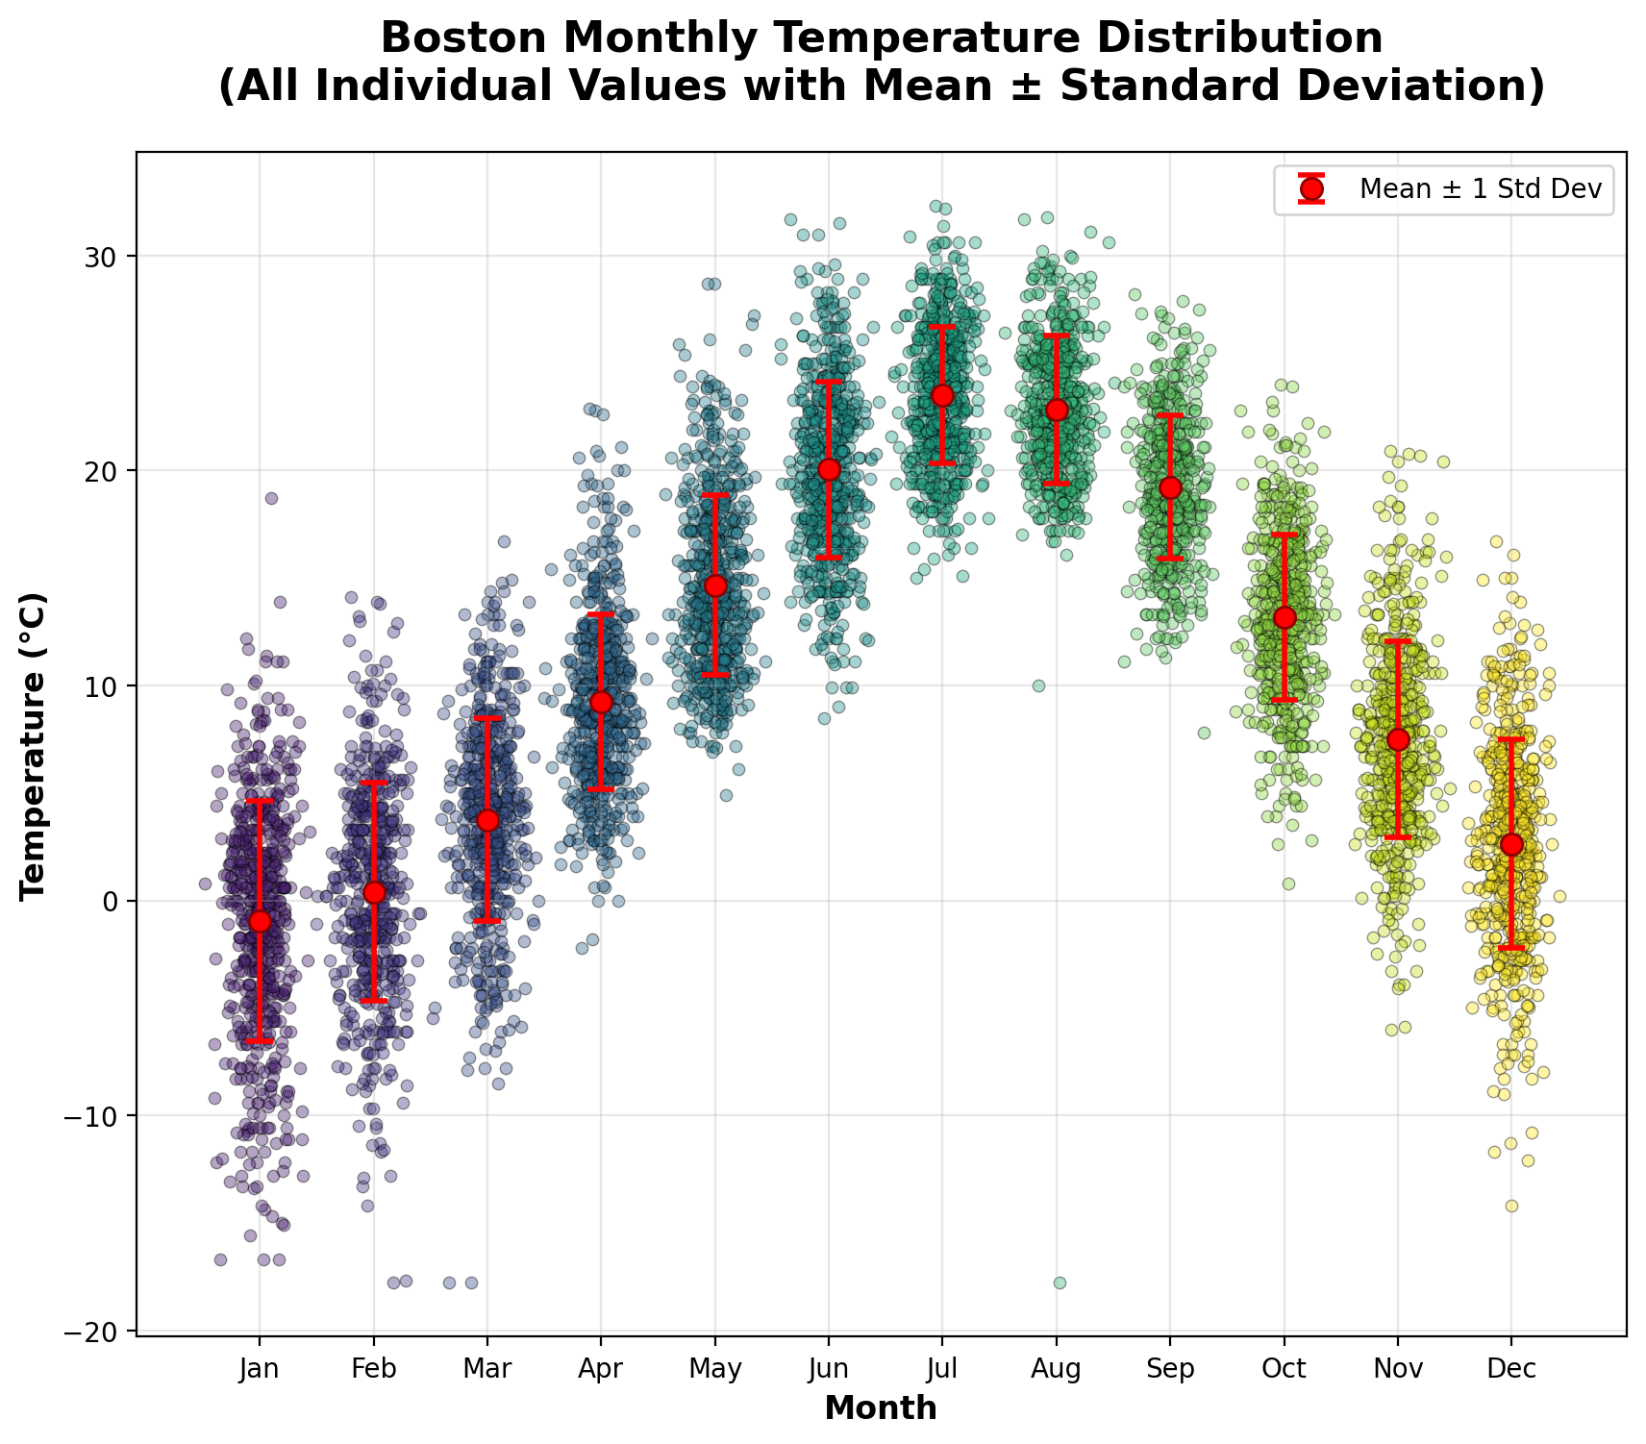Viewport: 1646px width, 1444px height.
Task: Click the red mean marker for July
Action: [x=942, y=395]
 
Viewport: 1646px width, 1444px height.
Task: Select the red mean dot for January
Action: [x=260, y=921]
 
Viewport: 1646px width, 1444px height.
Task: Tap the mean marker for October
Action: [x=1284, y=617]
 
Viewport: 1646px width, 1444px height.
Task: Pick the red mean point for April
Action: [x=601, y=702]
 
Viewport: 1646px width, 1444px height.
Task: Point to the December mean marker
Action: [x=1511, y=844]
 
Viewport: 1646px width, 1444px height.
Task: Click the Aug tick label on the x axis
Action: [x=1057, y=1368]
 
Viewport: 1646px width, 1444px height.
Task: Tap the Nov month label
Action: [x=1398, y=1368]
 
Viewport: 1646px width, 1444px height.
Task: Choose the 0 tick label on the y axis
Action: [x=116, y=902]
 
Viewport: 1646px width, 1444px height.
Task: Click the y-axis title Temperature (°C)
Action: [x=34, y=745]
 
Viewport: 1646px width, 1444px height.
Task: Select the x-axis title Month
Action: [x=881, y=1408]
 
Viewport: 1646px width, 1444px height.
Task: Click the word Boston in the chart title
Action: [x=460, y=39]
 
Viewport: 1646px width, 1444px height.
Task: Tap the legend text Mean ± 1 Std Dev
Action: [x=1481, y=188]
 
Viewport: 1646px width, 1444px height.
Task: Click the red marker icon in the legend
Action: [x=1310, y=188]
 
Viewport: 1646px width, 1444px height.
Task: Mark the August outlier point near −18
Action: [x=1060, y=1282]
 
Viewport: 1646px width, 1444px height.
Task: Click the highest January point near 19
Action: [x=271, y=498]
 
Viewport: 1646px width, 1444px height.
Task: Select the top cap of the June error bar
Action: [x=829, y=382]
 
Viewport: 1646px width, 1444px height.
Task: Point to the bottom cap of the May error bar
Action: [x=715, y=676]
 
